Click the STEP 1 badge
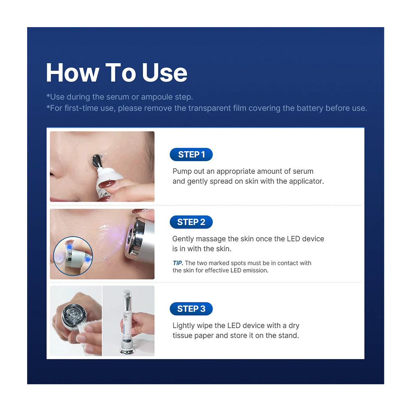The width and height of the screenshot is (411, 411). (x=191, y=155)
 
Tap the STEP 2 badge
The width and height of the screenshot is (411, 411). (x=191, y=222)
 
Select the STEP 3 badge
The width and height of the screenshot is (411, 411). (x=191, y=309)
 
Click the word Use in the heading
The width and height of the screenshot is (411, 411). (x=165, y=73)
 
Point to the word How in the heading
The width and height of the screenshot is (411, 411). (x=73, y=73)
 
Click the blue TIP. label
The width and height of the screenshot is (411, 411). (x=178, y=263)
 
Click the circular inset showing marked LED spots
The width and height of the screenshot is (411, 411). (x=73, y=256)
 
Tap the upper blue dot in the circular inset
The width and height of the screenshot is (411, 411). (x=69, y=247)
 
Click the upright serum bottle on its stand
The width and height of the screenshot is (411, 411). (x=127, y=323)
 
